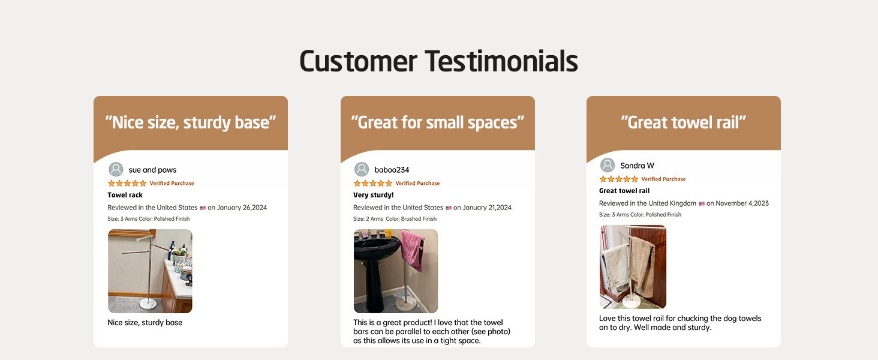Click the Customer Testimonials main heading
point(438,61)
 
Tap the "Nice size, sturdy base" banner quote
point(191,122)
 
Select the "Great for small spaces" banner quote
point(438,122)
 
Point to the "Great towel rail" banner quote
point(684,122)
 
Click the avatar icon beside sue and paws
point(116,170)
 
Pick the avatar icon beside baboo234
point(362,170)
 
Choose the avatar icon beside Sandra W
point(608,166)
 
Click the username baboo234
point(392,170)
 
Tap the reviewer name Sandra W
point(638,166)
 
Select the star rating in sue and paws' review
point(127,183)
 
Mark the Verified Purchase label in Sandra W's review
point(663,179)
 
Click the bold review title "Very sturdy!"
point(374,195)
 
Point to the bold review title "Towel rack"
point(125,195)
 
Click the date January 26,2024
point(242,208)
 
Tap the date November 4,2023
point(742,203)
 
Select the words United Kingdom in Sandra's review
point(672,203)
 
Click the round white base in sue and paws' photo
point(148,304)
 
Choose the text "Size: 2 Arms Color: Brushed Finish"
point(395,219)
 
